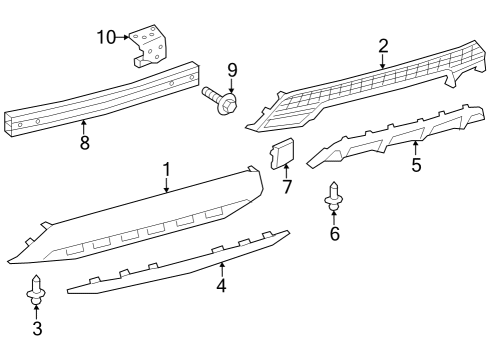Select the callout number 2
pos(382,46)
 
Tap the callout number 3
pos(37,328)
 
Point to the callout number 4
pos(221,286)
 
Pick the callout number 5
pos(416,163)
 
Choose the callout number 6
pos(335,234)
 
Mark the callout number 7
pos(286,186)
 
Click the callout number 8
pos(84,143)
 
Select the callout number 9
pos(232,70)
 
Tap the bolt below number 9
pos(219,99)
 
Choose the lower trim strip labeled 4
pos(180,265)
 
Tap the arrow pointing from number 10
pos(126,37)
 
